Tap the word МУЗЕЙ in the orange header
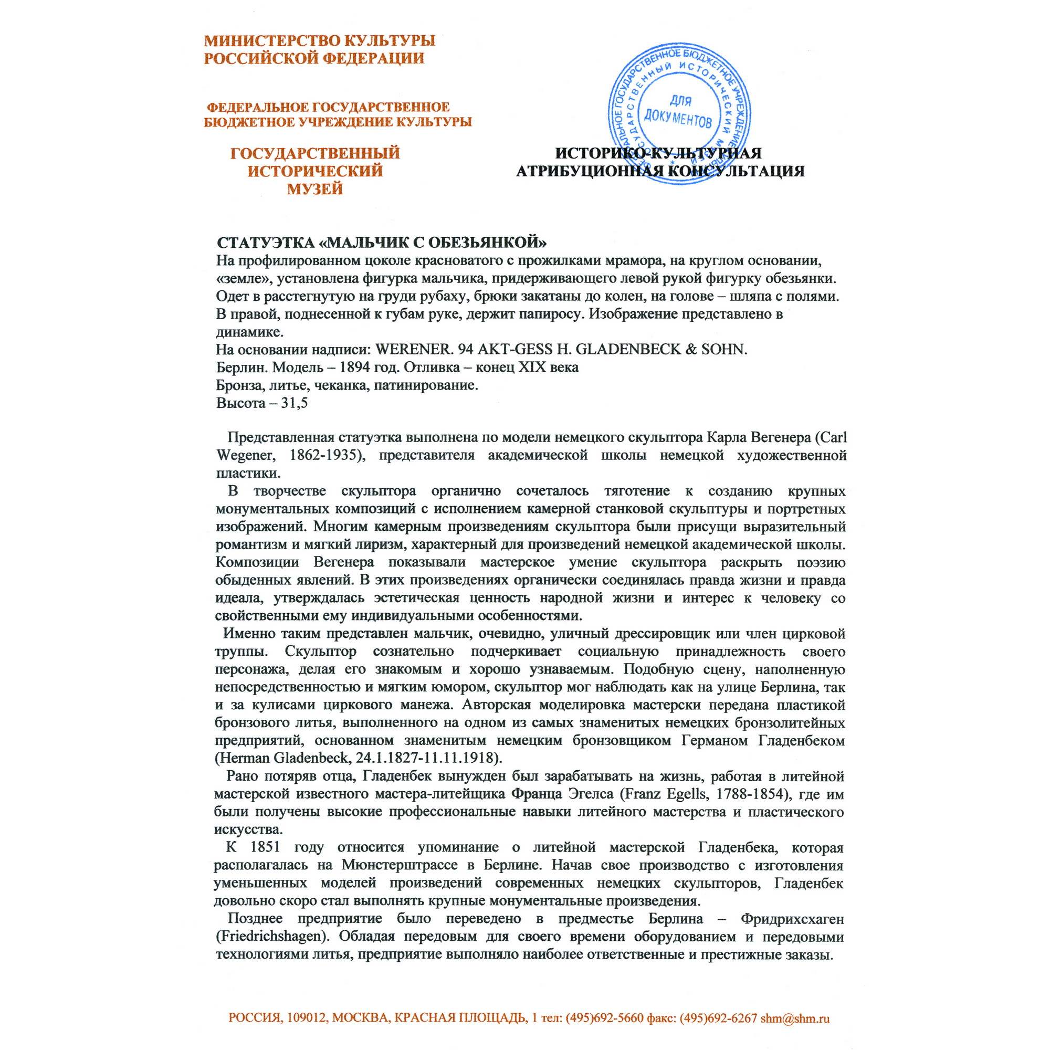[314, 188]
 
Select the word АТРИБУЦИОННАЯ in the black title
[589, 172]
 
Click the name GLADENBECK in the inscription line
[628, 349]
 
